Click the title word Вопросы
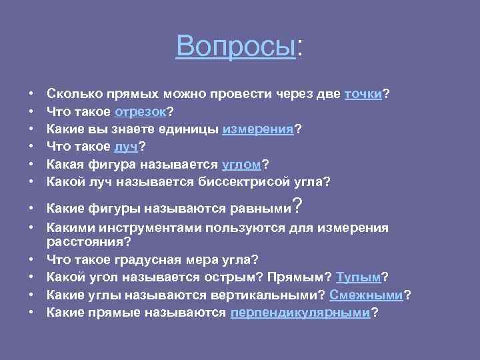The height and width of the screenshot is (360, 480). [235, 46]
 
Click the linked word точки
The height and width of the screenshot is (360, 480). [363, 95]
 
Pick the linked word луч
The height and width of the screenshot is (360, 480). [125, 147]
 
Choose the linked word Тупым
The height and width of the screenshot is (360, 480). [359, 277]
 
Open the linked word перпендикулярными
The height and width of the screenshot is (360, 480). [299, 311]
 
